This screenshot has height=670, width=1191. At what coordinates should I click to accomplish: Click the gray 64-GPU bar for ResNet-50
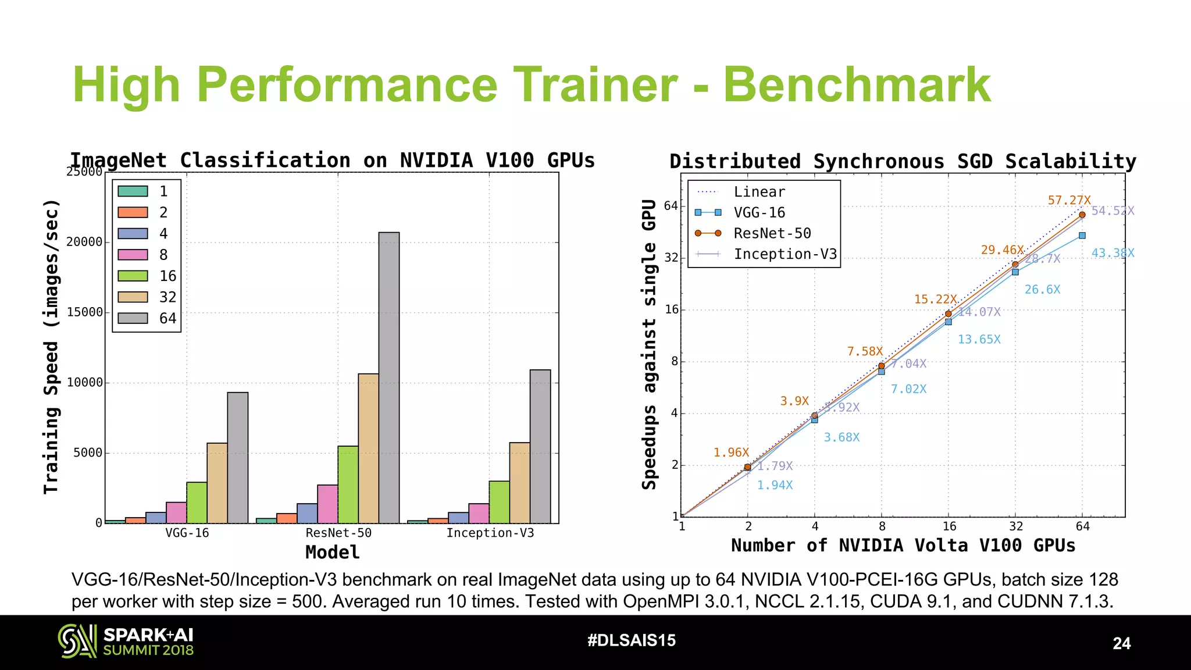point(388,378)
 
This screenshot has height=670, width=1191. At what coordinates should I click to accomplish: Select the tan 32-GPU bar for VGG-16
point(217,483)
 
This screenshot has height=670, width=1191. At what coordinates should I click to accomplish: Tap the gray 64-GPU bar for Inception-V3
point(540,447)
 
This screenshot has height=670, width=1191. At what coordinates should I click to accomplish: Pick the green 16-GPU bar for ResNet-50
point(348,484)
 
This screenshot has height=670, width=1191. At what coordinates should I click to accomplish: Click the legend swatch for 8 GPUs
point(133,255)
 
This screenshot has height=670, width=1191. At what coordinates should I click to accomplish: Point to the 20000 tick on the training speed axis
point(84,242)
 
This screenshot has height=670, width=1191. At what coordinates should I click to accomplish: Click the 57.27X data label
point(1069,201)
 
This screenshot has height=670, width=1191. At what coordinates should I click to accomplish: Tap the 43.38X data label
point(1112,253)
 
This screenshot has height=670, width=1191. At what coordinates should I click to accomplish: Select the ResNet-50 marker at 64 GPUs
point(1082,215)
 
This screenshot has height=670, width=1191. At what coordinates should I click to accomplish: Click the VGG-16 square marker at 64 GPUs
point(1082,236)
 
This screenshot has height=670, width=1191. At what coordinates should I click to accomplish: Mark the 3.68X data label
point(841,437)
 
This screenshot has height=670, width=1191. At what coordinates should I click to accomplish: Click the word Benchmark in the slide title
point(857,85)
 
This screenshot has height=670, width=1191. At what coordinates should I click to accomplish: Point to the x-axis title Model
point(332,552)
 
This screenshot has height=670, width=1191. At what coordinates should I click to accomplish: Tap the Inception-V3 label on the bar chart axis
point(490,533)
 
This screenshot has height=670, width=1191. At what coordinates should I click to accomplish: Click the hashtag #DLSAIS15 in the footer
point(632,640)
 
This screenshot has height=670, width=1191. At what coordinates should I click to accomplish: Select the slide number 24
point(1121,643)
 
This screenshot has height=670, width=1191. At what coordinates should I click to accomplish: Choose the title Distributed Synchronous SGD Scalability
point(903,161)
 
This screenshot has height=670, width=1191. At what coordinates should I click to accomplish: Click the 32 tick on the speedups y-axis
point(671,258)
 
